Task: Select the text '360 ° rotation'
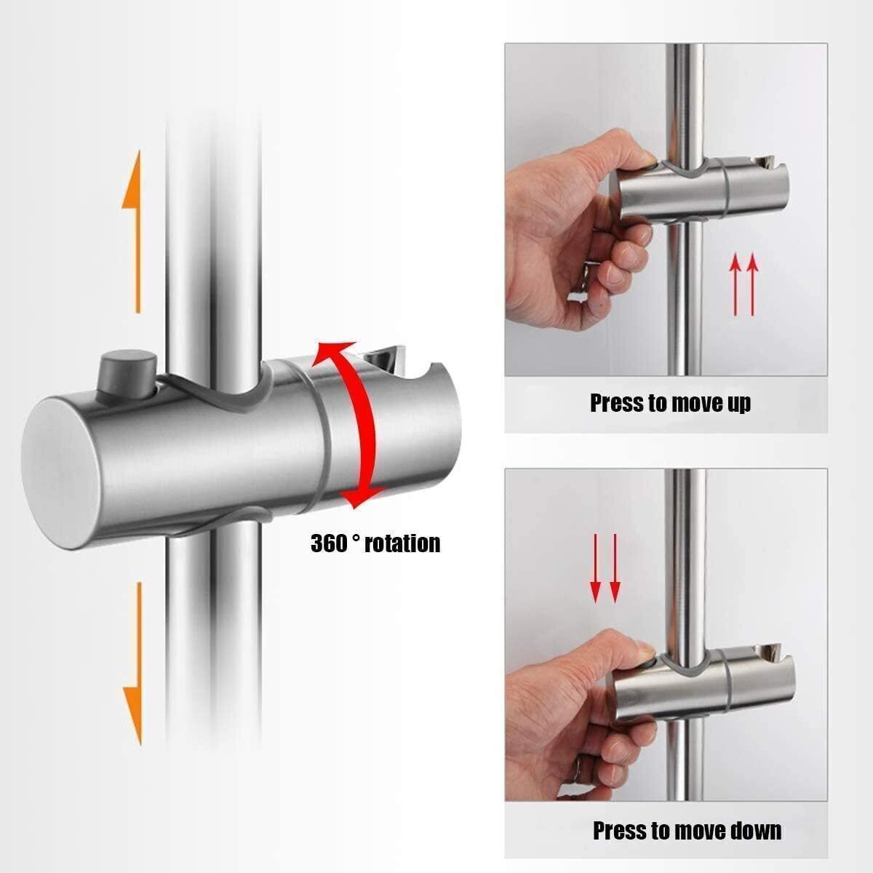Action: pyautogui.click(x=375, y=543)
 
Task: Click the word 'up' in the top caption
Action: pyautogui.click(x=736, y=402)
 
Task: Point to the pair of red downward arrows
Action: pyautogui.click(x=605, y=568)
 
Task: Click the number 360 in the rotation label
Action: pyautogui.click(x=330, y=543)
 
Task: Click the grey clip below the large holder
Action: pyautogui.click(x=218, y=524)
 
